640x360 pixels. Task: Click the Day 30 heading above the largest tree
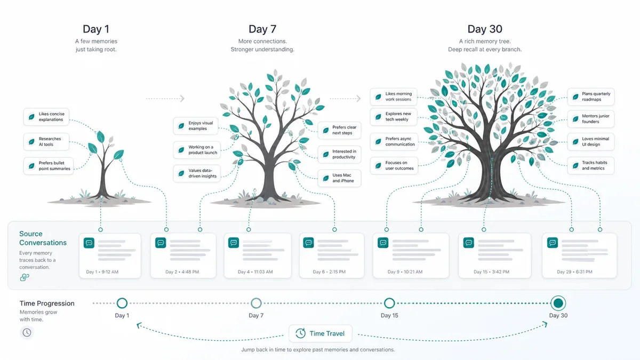coord(485,29)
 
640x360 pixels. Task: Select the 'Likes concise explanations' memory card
coord(46,117)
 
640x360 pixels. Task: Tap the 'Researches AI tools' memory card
coord(46,141)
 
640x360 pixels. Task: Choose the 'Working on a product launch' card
coord(197,150)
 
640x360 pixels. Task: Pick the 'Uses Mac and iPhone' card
coord(339,178)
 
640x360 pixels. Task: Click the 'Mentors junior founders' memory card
coord(590,118)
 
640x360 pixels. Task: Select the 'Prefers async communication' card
coord(394,141)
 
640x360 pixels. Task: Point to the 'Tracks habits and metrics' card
coord(590,165)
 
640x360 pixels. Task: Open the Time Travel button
coord(321,333)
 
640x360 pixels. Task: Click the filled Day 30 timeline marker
coord(558,303)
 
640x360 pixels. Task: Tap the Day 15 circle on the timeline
coord(389,303)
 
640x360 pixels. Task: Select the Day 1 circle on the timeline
coord(122,303)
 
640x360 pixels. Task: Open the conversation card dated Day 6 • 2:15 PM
coord(332,255)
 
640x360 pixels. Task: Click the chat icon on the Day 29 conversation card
coord(553,243)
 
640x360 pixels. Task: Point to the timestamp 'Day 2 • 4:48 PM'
coord(182,271)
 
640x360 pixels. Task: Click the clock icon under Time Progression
coord(27,333)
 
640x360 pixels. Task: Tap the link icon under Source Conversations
coord(25,277)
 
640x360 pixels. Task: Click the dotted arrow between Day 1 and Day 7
coord(165,99)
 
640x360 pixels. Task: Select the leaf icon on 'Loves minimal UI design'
coord(575,142)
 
